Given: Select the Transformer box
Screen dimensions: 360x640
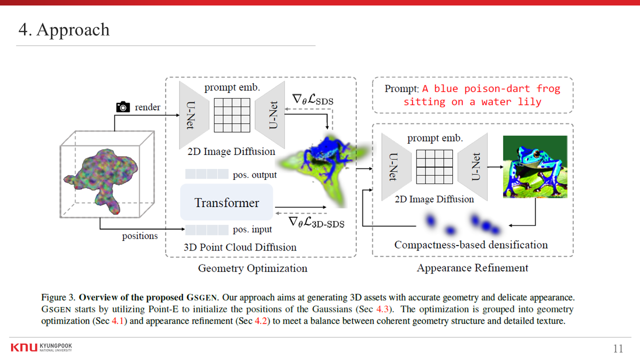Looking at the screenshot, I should pos(226,202).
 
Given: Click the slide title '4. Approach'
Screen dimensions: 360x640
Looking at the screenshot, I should pos(64,29).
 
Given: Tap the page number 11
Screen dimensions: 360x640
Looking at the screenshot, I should pos(618,348).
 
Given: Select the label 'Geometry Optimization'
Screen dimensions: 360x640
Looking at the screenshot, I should pos(252,268).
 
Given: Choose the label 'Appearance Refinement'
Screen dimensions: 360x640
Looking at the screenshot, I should pos(472,268).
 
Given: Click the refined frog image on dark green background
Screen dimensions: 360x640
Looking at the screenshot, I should pos(535,166).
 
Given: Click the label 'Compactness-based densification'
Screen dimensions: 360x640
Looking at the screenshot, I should pos(471,245).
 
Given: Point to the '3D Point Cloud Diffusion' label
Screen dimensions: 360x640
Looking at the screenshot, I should pos(240,247).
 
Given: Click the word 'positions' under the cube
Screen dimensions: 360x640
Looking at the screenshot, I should pos(140,236).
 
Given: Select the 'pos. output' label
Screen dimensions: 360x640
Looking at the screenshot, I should pos(255,175).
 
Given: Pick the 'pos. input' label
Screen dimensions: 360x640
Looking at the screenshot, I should pos(252,229).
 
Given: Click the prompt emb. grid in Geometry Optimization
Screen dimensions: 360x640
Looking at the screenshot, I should pos(232,115).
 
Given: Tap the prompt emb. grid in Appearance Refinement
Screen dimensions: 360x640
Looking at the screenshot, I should pos(434,167).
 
